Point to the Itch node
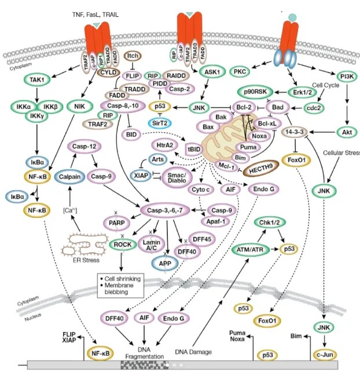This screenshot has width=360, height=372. (134, 57)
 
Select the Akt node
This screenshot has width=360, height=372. (347, 133)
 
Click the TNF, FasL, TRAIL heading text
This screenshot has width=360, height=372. (94, 12)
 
